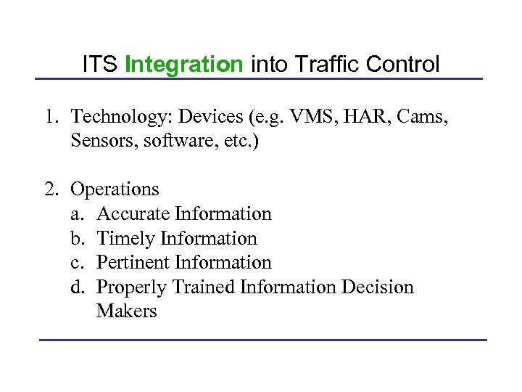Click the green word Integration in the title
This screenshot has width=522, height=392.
coord(184,65)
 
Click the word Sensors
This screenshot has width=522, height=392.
coord(99,141)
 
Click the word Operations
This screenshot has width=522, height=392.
coord(115,189)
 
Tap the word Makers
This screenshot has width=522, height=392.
coord(127,311)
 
